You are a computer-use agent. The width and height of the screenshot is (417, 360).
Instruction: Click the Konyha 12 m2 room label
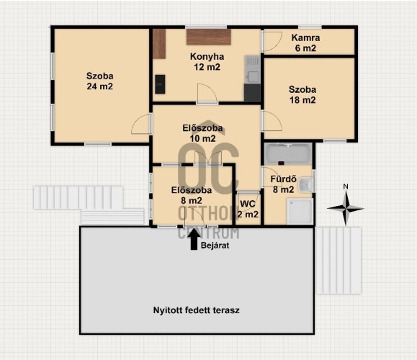pyautogui.click(x=207, y=62)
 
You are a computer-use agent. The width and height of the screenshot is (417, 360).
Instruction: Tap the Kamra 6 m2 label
pyautogui.click(x=305, y=42)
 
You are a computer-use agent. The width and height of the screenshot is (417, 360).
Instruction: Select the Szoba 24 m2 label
pyautogui.click(x=99, y=81)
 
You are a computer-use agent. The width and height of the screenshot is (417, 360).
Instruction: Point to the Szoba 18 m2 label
pyautogui.click(x=302, y=94)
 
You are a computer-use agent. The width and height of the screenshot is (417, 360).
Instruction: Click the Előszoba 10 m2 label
pyautogui.click(x=202, y=133)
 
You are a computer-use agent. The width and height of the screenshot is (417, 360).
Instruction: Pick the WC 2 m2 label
pyautogui.click(x=248, y=209)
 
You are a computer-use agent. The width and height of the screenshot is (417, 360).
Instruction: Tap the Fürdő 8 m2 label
pyautogui.click(x=284, y=184)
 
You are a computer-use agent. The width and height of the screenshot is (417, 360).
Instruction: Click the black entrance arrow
pyautogui.click(x=194, y=239)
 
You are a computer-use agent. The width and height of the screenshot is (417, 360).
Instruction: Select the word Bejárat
pyautogui.click(x=215, y=246)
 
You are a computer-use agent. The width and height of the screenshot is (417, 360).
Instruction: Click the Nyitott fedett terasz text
pyautogui.click(x=197, y=310)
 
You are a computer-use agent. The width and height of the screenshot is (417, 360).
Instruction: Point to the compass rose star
pyautogui.click(x=346, y=208)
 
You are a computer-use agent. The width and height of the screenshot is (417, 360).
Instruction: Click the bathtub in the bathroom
pyautogui.click(x=288, y=154)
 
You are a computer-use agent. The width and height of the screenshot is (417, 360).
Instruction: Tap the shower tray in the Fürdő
pyautogui.click(x=299, y=212)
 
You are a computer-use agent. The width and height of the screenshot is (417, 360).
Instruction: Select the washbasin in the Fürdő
pyautogui.click(x=306, y=185)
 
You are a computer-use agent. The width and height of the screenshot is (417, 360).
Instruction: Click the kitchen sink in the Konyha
pyautogui.click(x=252, y=70)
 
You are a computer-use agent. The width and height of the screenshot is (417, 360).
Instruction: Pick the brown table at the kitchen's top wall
pyautogui.click(x=209, y=37)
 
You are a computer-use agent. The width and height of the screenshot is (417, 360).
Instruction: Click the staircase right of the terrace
pyautogui.click(x=338, y=261)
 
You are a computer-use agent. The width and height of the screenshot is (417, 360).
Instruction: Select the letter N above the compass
pyautogui.click(x=346, y=186)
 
